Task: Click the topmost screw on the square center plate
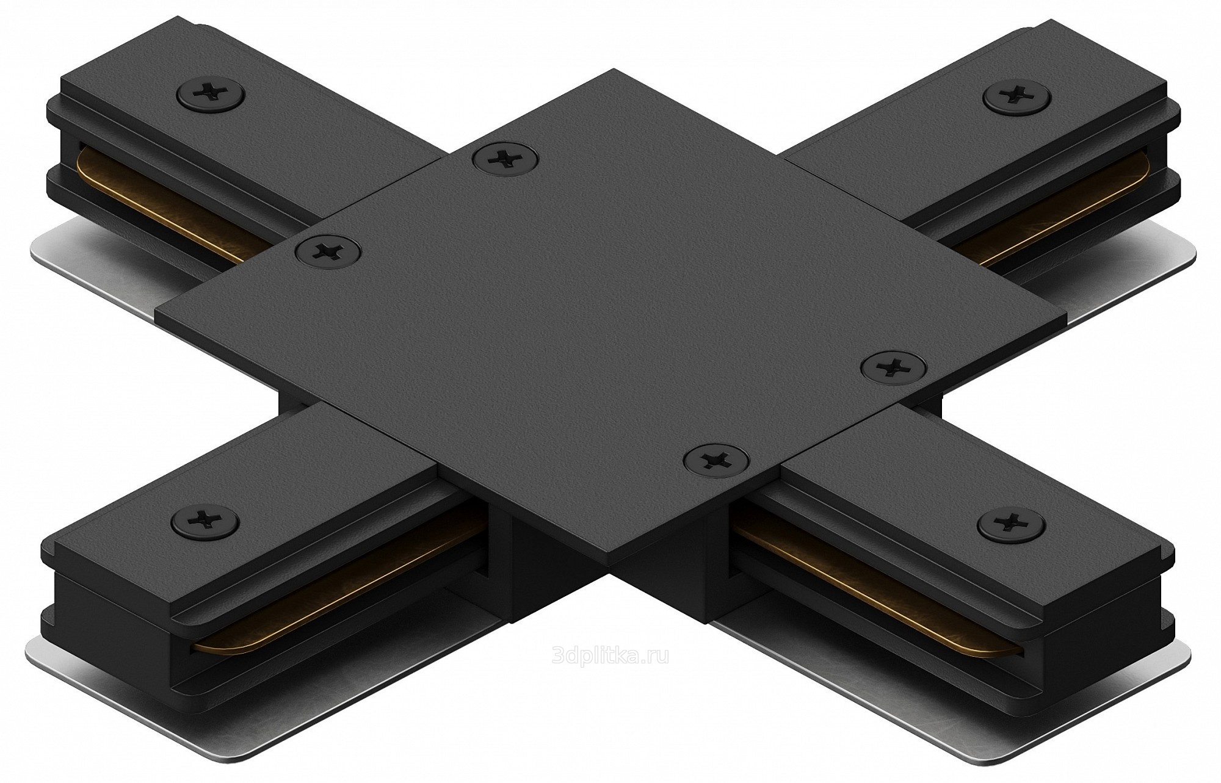[x=505, y=159]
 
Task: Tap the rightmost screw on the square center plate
[x=893, y=367]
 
